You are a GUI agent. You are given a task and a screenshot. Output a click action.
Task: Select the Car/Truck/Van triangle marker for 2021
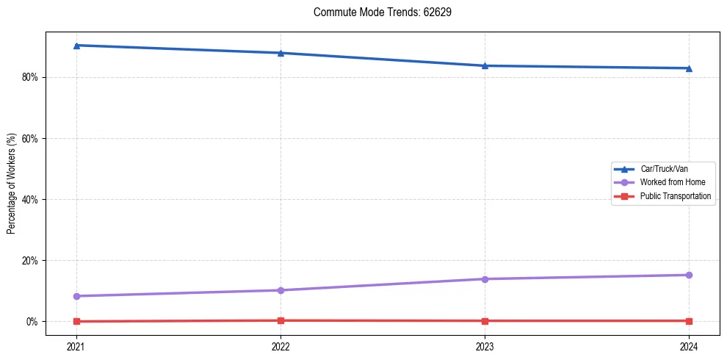(x=76, y=46)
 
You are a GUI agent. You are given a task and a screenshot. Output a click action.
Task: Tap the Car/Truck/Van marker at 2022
(x=281, y=53)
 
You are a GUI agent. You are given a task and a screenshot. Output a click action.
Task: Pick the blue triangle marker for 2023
(x=485, y=65)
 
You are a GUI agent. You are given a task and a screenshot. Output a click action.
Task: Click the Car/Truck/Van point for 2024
(x=689, y=68)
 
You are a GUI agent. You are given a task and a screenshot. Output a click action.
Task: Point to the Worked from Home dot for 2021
(x=76, y=296)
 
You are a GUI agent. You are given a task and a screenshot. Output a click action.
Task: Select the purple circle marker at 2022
(x=281, y=290)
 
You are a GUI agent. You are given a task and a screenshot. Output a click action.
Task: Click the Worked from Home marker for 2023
(x=485, y=279)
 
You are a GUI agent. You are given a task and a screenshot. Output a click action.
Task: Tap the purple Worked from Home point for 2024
(x=689, y=275)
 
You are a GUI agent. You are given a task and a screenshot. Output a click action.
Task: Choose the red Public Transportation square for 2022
(x=281, y=320)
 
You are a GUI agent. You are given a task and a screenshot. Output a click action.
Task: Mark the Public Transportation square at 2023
(x=485, y=321)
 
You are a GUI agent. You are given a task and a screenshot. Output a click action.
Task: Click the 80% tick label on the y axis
(x=30, y=77)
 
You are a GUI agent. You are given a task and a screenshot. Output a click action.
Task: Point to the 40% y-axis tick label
(x=30, y=199)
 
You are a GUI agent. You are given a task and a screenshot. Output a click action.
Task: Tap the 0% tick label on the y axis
(x=32, y=322)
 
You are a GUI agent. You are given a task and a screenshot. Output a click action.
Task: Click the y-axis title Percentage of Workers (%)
(x=12, y=184)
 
